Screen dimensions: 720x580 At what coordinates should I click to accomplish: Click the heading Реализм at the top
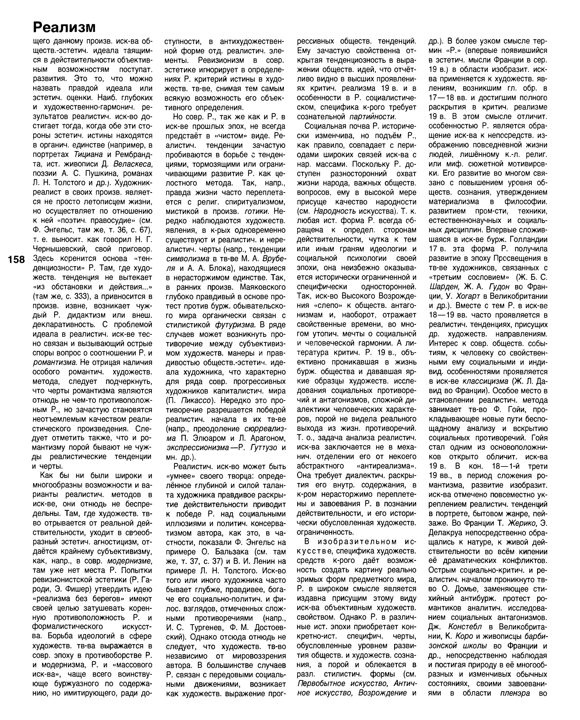[64, 27]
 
